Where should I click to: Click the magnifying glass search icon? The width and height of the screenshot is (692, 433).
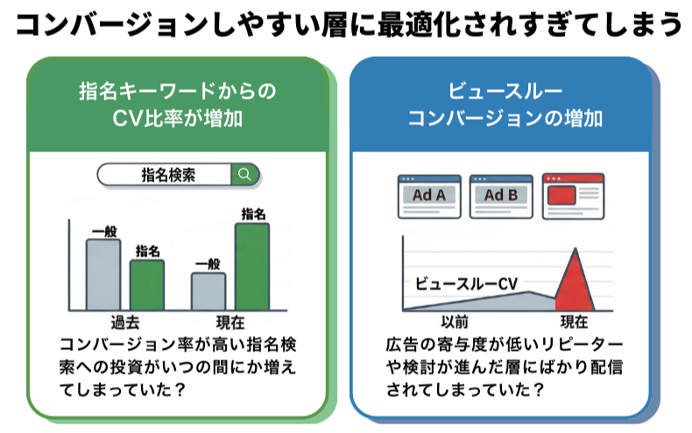(x=244, y=174)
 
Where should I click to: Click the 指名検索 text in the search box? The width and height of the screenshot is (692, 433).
(x=168, y=174)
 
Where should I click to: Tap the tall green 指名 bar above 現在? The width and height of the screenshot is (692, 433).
(x=252, y=266)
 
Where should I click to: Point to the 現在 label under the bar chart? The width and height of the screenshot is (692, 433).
(x=229, y=320)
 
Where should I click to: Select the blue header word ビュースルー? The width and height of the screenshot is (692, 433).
(x=499, y=91)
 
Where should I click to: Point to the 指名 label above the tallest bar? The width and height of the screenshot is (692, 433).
(x=252, y=213)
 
